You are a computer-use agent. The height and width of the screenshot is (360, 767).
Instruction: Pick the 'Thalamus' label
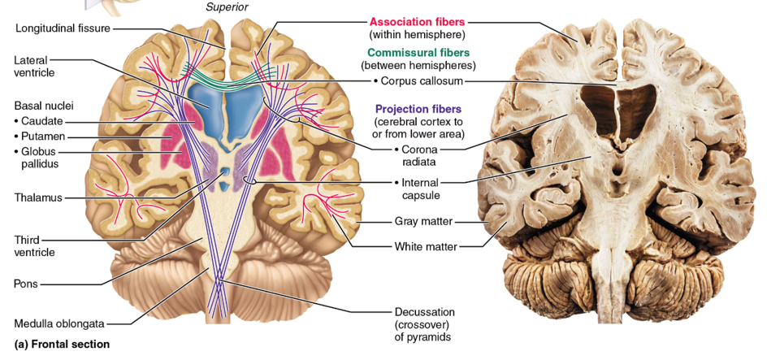coord(38,197)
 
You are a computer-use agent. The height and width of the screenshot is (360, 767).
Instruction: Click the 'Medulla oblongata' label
coord(59,323)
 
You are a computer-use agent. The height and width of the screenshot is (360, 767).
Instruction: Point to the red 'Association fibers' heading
coord(418,22)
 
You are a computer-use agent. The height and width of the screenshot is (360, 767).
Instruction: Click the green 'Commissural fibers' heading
coord(418,53)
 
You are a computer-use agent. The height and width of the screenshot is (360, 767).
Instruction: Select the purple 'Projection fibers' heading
coord(418,109)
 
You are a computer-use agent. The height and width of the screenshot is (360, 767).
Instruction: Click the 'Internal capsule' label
coord(421,189)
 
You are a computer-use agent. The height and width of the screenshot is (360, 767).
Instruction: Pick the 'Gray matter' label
coord(423,221)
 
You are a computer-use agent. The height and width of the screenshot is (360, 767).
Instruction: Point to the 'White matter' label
coord(425,246)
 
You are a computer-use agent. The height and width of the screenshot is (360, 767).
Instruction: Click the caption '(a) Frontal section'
coord(62,345)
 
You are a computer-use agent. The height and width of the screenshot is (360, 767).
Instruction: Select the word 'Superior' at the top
coord(227,7)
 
